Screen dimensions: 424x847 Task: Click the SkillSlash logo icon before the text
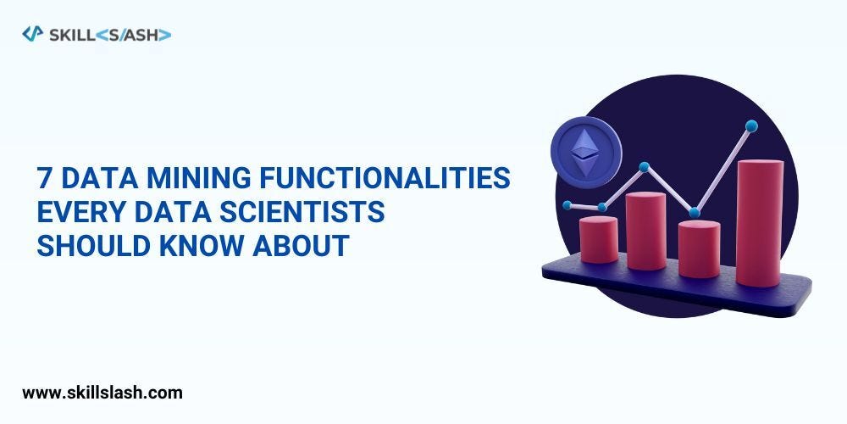coord(32,34)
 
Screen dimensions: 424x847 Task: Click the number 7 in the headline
coord(44,178)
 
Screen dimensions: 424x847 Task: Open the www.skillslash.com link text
coord(102,393)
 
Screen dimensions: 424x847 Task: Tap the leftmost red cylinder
coord(598,239)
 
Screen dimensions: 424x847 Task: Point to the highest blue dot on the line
coord(751,126)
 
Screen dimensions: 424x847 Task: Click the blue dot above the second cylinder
coord(645,167)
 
